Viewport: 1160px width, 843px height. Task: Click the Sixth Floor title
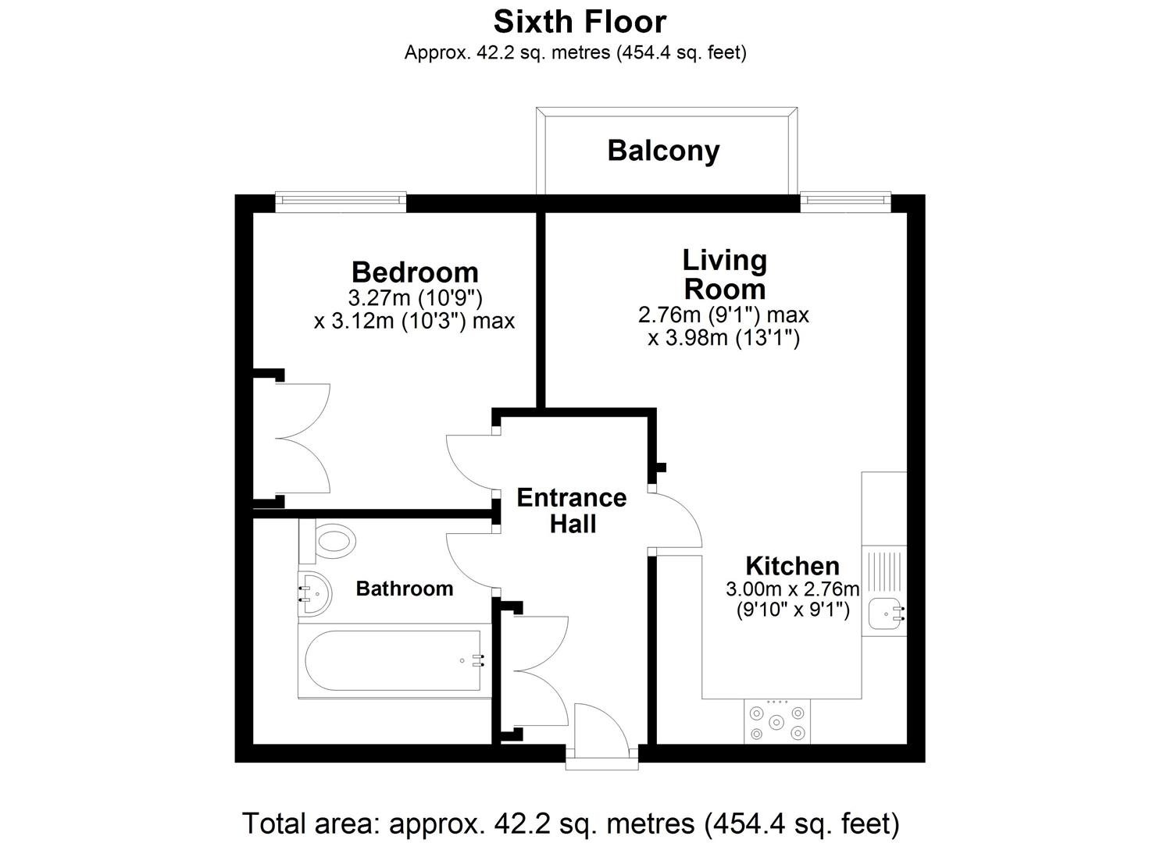(x=580, y=23)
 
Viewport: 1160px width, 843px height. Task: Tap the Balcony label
(x=663, y=151)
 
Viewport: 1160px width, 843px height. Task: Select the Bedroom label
(x=415, y=272)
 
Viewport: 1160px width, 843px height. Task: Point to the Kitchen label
(x=792, y=566)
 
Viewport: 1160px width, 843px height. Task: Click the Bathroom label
(x=405, y=589)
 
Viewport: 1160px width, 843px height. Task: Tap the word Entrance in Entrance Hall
(x=572, y=498)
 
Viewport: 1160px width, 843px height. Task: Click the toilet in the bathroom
(x=327, y=541)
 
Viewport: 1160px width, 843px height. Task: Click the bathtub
(x=394, y=661)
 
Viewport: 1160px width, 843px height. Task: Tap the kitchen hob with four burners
(x=777, y=722)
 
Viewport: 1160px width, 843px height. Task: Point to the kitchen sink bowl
(x=885, y=614)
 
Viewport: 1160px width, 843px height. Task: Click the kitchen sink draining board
(x=884, y=571)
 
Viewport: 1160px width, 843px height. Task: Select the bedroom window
(x=341, y=202)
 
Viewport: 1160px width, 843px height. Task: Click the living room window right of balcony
(x=845, y=202)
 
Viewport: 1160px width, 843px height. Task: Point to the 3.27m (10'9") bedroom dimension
(x=415, y=298)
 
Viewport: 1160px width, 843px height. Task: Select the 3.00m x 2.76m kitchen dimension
(x=793, y=589)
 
